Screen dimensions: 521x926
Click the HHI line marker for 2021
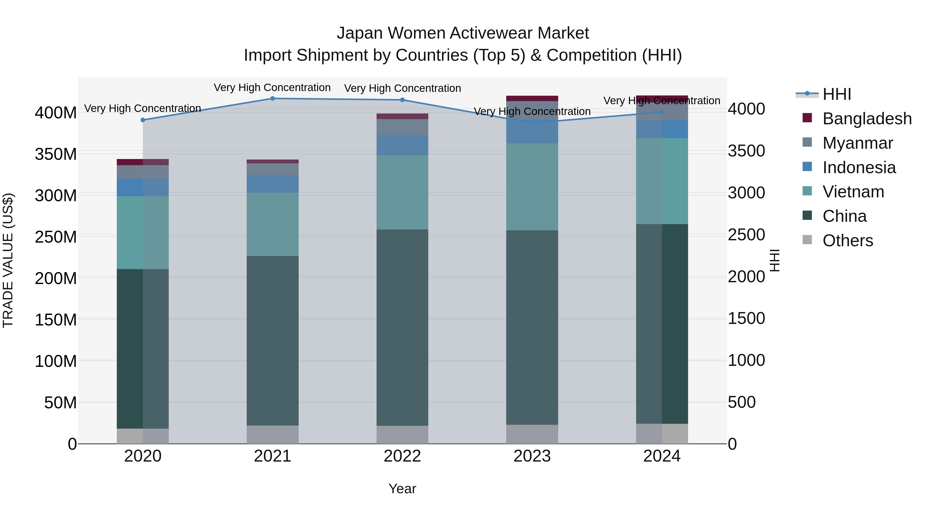[x=272, y=99]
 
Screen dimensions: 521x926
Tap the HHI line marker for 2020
[x=143, y=120]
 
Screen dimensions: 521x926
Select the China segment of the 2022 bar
[x=402, y=327]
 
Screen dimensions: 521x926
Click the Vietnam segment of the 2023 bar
[x=532, y=187]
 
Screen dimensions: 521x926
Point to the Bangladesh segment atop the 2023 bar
[x=532, y=99]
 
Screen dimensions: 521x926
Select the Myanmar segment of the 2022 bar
[x=402, y=127]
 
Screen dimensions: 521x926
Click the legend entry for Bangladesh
[x=866, y=119]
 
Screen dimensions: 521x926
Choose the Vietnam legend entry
[x=853, y=192]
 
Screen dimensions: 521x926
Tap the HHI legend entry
[x=836, y=94]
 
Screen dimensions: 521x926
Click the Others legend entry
[x=847, y=241]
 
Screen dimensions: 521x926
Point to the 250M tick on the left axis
[x=56, y=237]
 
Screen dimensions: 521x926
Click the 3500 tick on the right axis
[x=746, y=151]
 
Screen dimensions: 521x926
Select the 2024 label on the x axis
[x=662, y=456]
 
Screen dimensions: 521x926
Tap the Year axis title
[x=402, y=489]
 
